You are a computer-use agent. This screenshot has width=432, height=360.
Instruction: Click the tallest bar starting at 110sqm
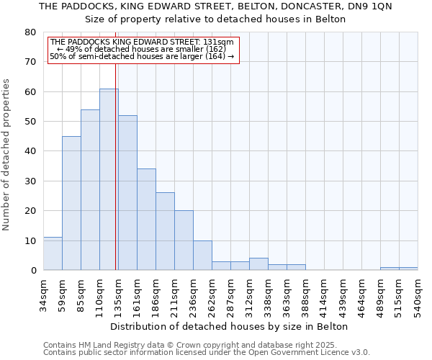109,179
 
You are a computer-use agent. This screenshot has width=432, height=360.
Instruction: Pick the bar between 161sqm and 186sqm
146,220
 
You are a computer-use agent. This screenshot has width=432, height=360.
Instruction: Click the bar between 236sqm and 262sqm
202,255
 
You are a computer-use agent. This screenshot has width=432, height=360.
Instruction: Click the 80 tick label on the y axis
30,32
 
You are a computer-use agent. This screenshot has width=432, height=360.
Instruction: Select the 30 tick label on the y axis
30,181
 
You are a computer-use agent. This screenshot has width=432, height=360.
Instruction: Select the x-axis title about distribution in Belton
230,326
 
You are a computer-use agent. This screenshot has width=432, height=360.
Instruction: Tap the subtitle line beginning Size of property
215,19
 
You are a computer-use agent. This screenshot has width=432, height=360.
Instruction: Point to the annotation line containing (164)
143,56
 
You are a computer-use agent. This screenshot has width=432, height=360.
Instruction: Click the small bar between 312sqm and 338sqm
258,264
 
